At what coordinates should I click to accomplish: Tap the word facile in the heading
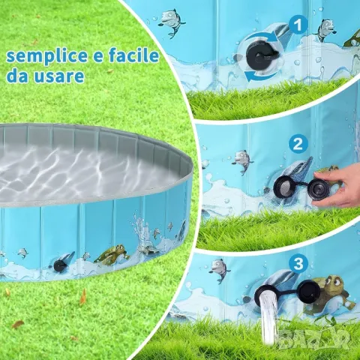tap(133, 55)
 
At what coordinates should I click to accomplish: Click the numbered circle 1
tap(298, 25)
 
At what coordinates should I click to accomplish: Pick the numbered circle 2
tap(298, 143)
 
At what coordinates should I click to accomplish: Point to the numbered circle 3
tap(298, 263)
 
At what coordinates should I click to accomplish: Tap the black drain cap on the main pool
tap(59, 265)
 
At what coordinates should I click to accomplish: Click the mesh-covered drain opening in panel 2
tap(285, 185)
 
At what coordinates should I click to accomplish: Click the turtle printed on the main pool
tap(111, 253)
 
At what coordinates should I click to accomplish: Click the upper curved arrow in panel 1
tap(260, 38)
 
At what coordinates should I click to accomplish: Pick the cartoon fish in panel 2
tap(242, 161)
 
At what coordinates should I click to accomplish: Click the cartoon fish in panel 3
tap(220, 270)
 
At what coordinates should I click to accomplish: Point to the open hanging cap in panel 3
tap(310, 290)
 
